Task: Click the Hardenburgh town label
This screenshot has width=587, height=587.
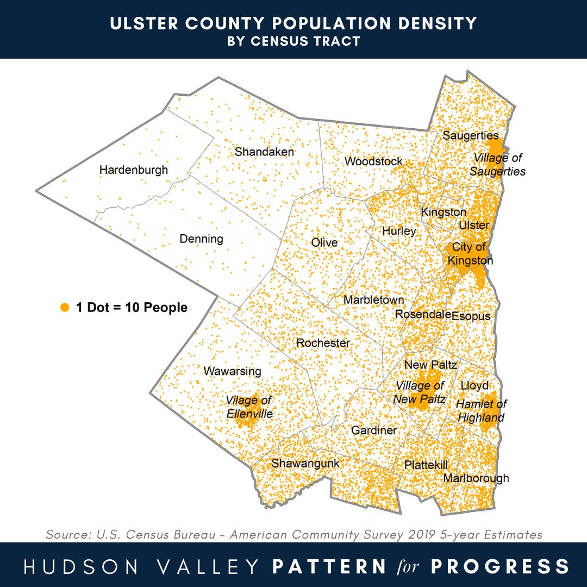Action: click(134, 171)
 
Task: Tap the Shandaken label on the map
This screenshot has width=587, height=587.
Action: click(264, 152)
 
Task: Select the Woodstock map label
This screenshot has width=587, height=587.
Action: click(374, 161)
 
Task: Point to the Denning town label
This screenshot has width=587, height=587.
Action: click(201, 239)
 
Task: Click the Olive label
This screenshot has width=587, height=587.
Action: click(324, 242)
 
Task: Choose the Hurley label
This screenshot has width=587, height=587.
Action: click(399, 231)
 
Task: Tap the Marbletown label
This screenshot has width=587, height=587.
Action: click(374, 300)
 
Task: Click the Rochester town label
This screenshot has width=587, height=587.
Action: click(323, 343)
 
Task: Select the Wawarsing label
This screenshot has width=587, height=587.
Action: click(232, 372)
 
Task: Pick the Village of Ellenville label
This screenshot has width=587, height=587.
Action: click(249, 407)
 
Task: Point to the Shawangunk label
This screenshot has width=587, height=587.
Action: click(305, 464)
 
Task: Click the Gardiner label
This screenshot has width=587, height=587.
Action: click(374, 430)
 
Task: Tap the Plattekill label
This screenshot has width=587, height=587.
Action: click(426, 465)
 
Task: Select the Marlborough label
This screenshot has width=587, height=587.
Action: click(476, 478)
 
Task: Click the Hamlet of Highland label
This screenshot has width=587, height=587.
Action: click(481, 411)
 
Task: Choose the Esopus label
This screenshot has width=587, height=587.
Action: click(471, 316)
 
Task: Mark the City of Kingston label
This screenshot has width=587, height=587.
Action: click(470, 254)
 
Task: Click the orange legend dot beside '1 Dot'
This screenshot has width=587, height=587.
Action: click(65, 308)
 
